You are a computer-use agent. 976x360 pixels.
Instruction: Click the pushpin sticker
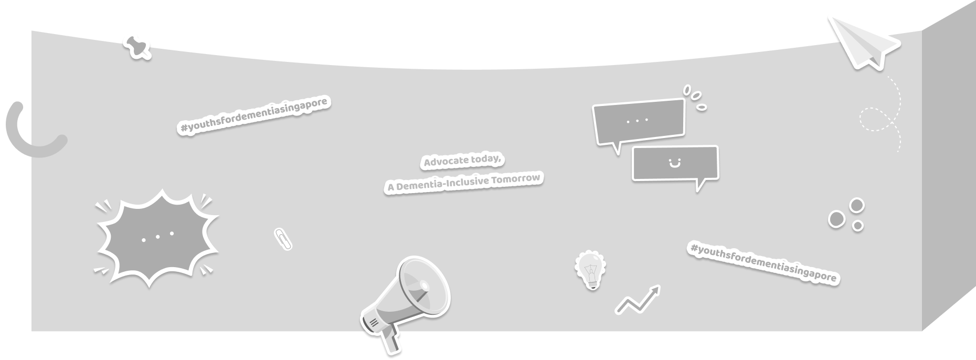click(x=137, y=46)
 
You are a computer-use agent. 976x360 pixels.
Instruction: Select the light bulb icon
click(x=591, y=269)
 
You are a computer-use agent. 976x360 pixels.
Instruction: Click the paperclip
click(x=283, y=239)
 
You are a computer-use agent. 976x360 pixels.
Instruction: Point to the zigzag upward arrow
click(x=638, y=300)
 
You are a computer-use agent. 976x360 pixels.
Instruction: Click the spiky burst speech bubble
click(x=157, y=237)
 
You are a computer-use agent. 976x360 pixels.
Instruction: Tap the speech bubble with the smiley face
click(x=675, y=164)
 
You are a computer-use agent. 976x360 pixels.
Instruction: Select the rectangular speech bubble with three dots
click(x=639, y=121)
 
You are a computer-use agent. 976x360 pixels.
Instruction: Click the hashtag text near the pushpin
click(x=255, y=114)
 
